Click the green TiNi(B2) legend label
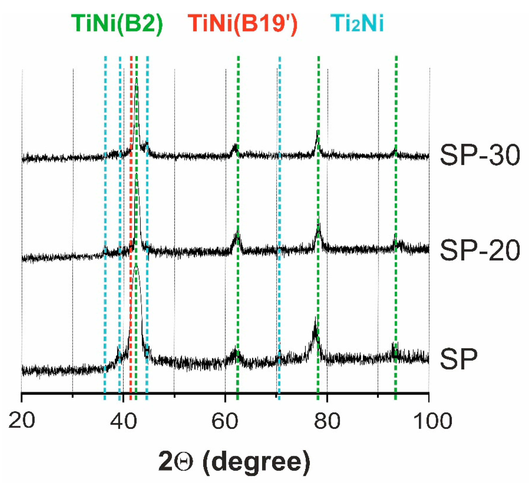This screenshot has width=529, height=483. [117, 24]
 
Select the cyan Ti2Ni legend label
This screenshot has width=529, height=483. [357, 24]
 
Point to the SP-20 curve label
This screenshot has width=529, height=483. [480, 251]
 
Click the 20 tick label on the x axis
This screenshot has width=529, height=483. [21, 420]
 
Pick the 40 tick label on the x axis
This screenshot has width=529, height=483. [123, 420]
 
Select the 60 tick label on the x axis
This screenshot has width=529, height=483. [225, 420]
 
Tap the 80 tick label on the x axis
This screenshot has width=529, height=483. [327, 420]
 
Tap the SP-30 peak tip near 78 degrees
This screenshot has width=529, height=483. [317, 130]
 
